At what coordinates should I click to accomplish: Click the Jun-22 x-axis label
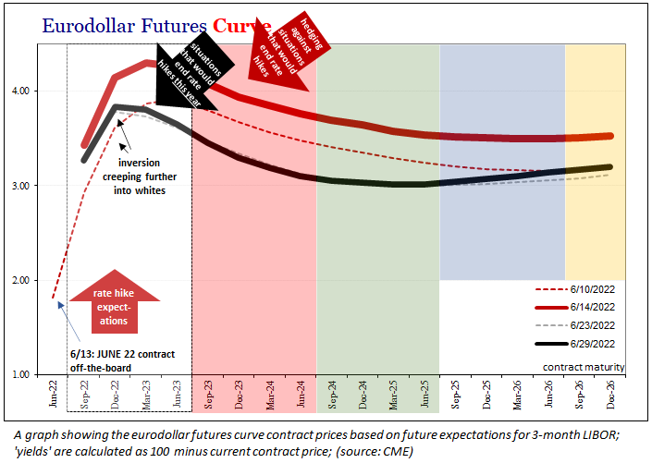[54, 396]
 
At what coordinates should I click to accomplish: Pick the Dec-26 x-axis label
[610, 396]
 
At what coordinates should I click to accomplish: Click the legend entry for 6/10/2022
[592, 288]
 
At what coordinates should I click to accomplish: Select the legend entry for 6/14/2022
[592, 307]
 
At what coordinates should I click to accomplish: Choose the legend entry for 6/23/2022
[592, 325]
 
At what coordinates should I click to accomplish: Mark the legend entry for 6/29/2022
[592, 344]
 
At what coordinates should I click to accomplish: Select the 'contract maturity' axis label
[584, 367]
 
